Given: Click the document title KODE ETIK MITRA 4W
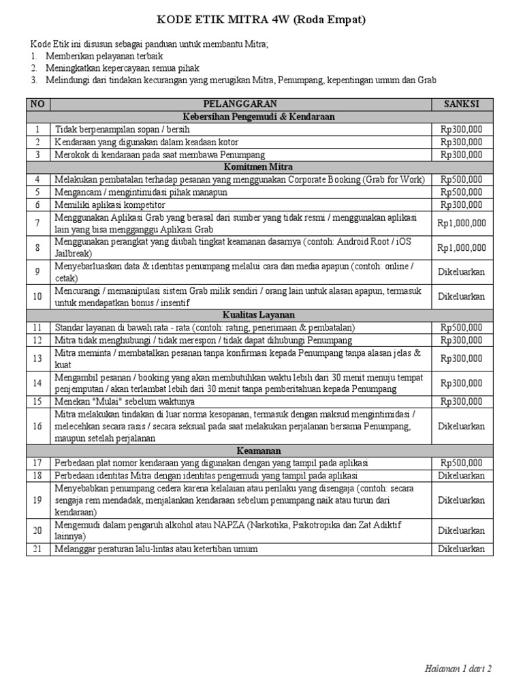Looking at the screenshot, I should click(x=261, y=20).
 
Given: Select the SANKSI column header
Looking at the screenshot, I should click(x=462, y=104).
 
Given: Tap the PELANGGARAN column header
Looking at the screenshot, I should click(x=242, y=104).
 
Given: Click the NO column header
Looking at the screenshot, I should click(x=37, y=104).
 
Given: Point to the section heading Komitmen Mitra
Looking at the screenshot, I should click(x=261, y=167).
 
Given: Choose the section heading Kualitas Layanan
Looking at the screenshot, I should click(x=261, y=315).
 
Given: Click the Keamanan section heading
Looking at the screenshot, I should click(x=261, y=451).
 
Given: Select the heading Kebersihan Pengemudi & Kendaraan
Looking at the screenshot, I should click(x=261, y=117).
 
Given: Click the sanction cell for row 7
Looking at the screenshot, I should click(x=462, y=223).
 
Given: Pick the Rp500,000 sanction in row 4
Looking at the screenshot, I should click(x=462, y=179).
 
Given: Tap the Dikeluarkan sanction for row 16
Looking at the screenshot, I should click(x=462, y=426).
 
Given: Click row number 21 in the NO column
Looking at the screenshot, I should click(x=37, y=549).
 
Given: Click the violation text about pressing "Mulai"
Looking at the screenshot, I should click(x=125, y=401).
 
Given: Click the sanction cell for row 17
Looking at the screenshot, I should click(x=462, y=463).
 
